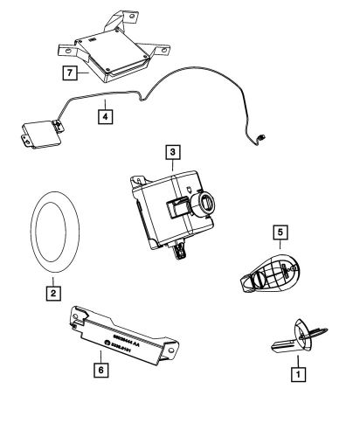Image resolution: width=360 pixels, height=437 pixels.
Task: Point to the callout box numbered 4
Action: tap(104, 114)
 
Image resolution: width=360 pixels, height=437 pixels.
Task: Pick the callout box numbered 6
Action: tap(101, 371)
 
